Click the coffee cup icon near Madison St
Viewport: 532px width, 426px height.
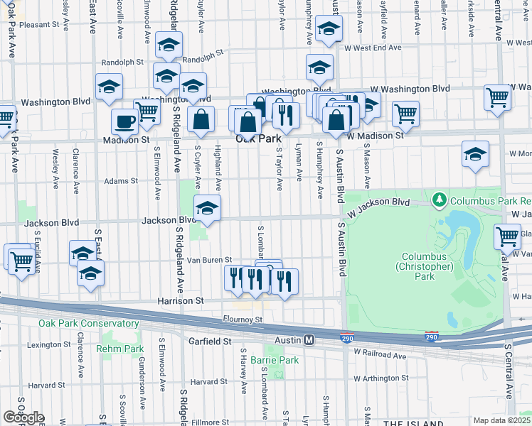[124, 121]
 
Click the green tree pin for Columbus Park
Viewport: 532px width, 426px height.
[440, 198]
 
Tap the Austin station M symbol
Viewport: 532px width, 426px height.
[309, 340]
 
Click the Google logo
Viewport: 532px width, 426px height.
[23, 417]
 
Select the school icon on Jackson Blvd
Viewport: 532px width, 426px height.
[207, 207]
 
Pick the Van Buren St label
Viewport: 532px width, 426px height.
[209, 260]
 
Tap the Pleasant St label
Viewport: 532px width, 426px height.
[39, 24]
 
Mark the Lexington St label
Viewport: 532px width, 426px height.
[46, 345]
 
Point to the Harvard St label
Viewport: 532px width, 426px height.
[208, 382]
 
